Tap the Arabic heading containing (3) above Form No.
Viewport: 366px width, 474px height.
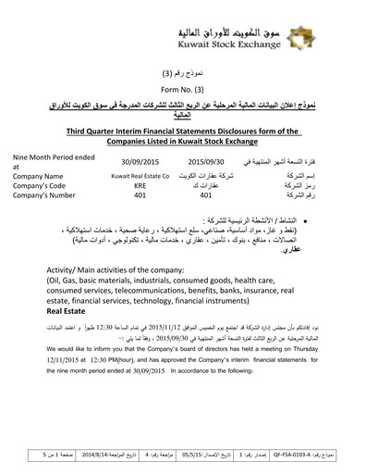pos(182,71)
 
